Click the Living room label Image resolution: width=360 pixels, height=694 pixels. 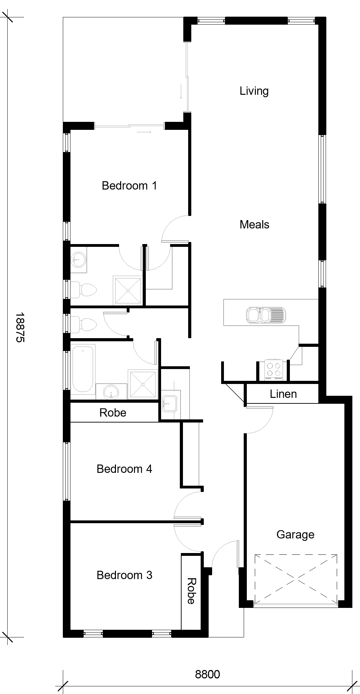254,91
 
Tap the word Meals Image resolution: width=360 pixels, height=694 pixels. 254,225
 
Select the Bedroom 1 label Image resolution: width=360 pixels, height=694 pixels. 129,186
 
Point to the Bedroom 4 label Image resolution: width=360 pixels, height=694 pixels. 124,469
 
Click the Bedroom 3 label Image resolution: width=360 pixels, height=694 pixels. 124,575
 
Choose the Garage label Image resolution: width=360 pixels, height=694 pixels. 295,535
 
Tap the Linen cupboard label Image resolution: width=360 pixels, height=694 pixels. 283,394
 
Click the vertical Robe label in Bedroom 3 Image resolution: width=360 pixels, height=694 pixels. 191,591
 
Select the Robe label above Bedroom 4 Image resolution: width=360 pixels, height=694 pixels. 113,413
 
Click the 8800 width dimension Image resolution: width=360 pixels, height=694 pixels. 208,674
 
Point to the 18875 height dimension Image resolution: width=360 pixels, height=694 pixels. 20,327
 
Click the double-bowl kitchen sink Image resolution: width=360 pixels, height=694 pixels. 265,315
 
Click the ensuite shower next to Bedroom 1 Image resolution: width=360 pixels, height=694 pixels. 128,290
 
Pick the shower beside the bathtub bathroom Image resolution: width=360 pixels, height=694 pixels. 143,384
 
